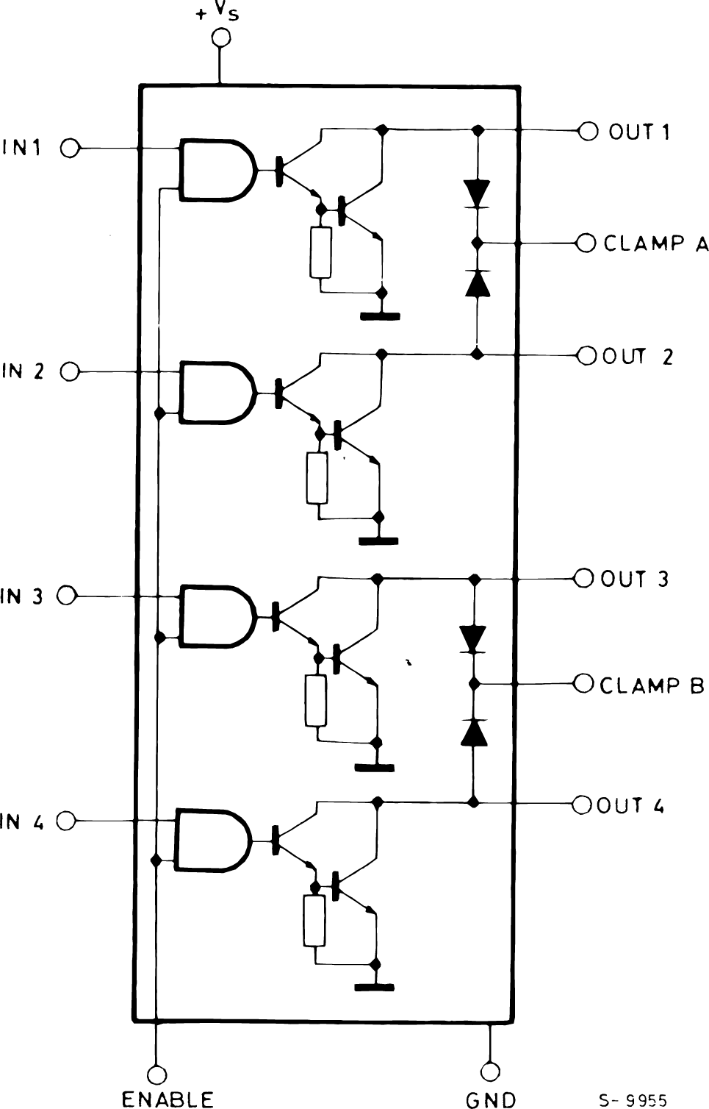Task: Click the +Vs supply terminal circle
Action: pos(220,39)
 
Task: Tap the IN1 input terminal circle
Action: pos(70,149)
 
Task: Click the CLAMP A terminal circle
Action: pos(586,243)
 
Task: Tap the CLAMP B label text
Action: pos(652,685)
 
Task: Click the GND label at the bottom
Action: pos(491,1099)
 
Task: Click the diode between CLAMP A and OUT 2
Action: pos(478,282)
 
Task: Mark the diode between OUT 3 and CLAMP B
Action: pos(473,638)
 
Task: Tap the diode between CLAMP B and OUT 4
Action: pos(474,732)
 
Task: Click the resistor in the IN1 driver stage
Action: pos(320,252)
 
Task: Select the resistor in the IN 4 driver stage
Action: pos(314,921)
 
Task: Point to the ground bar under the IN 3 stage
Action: pos(375,769)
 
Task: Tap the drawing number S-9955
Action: pos(633,1100)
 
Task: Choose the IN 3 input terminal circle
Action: pos(67,596)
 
